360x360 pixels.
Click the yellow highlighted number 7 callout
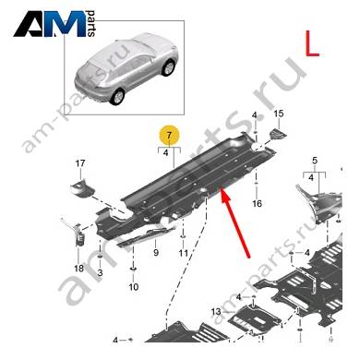[x=168, y=136]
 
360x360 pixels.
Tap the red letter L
[x=312, y=43]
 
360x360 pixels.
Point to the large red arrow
[x=235, y=222]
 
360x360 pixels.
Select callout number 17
[x=80, y=163]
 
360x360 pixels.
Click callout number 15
[x=278, y=114]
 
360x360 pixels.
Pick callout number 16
[x=257, y=203]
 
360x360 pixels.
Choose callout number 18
[x=78, y=269]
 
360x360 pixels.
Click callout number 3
[x=100, y=272]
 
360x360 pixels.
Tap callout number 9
[x=156, y=253]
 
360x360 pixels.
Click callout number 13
[x=216, y=312]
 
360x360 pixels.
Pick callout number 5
[x=314, y=161]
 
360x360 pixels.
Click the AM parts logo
[x=54, y=24]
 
